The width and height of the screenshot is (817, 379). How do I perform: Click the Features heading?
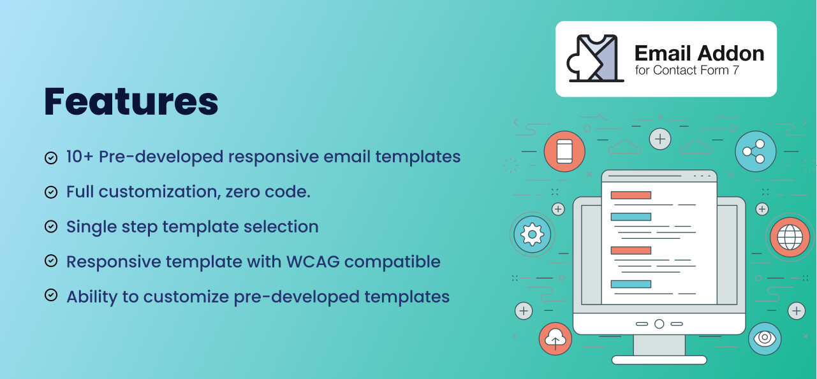click(131, 101)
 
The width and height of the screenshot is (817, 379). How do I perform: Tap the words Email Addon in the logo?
click(699, 54)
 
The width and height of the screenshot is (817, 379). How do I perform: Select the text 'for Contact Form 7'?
click(687, 70)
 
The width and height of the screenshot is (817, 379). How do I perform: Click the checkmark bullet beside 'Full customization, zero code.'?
click(51, 192)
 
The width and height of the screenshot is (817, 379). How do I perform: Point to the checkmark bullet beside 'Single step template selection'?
click(51, 227)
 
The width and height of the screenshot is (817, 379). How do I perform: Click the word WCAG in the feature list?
click(313, 262)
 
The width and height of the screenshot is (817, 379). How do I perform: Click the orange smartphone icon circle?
click(564, 151)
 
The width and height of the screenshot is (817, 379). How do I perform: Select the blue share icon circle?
click(755, 151)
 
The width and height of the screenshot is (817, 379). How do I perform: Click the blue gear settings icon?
click(532, 234)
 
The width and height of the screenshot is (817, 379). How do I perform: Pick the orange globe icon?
click(790, 237)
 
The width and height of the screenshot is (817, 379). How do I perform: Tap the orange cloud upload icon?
click(555, 339)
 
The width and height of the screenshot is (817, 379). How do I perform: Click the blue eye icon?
click(765, 338)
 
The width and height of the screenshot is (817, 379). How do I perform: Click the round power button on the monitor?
click(659, 324)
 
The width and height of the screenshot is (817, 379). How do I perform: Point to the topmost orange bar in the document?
click(631, 196)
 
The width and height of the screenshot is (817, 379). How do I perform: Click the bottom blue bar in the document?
click(631, 284)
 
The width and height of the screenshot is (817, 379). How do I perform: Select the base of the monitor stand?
click(659, 360)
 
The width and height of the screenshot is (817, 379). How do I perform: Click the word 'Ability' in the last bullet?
click(92, 297)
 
